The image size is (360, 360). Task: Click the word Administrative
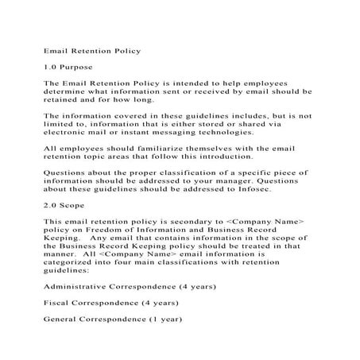click(79, 284)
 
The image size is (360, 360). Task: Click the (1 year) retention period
click(161, 321)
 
